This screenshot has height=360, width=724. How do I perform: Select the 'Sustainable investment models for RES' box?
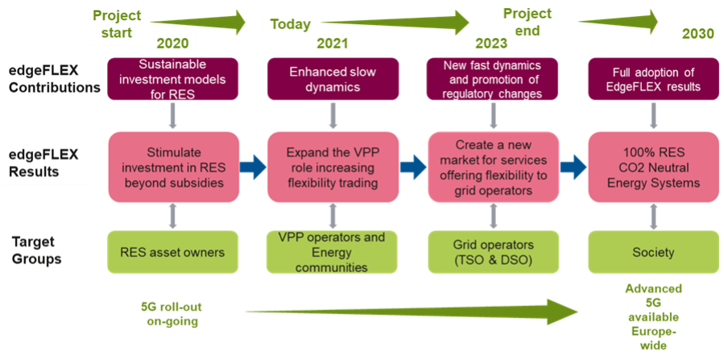click(x=172, y=79)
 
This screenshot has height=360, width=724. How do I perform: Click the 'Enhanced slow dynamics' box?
click(x=333, y=79)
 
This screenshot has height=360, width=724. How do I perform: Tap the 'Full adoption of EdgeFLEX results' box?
click(x=652, y=79)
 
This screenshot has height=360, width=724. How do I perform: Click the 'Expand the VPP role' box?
click(x=333, y=168)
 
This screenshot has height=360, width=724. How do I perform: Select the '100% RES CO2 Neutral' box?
click(x=652, y=168)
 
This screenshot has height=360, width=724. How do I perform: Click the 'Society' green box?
click(x=652, y=252)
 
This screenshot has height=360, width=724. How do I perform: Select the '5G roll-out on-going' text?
click(x=172, y=312)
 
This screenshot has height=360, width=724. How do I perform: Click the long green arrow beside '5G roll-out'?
click(x=411, y=311)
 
